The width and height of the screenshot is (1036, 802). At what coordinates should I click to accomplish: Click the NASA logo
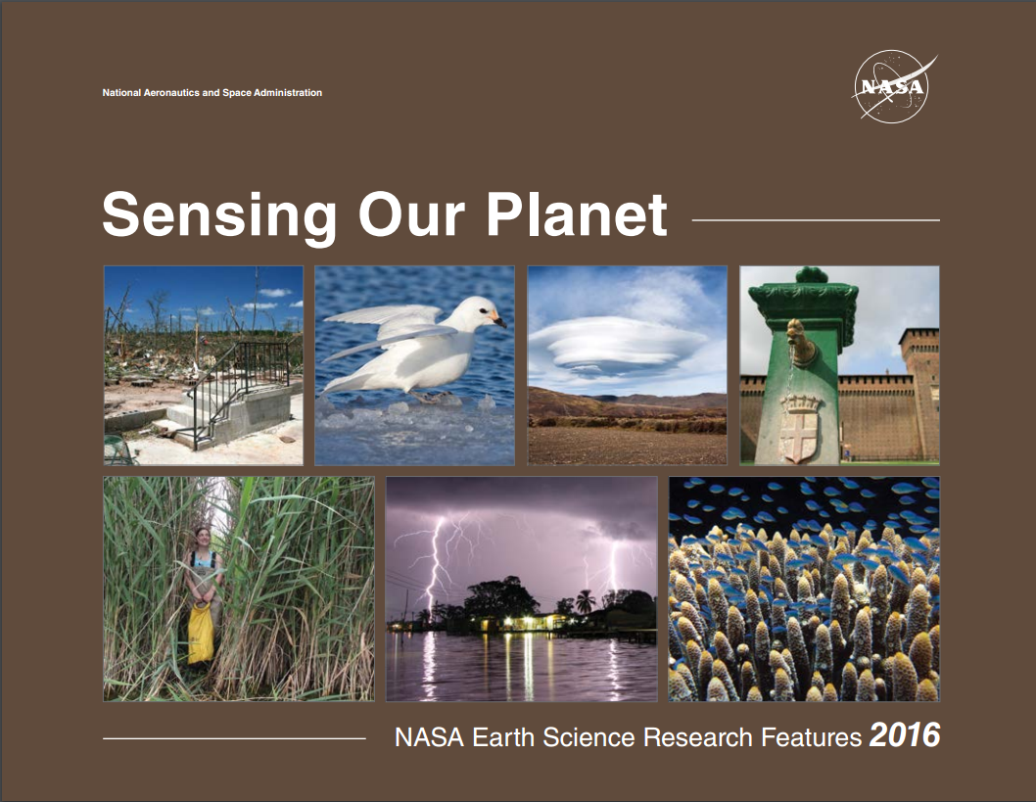pyautogui.click(x=893, y=86)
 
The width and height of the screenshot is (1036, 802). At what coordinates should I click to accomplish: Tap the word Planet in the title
pyautogui.click(x=577, y=214)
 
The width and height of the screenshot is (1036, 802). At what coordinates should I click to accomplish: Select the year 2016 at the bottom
pyautogui.click(x=905, y=735)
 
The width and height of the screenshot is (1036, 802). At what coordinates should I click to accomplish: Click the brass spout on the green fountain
pyautogui.click(x=801, y=341)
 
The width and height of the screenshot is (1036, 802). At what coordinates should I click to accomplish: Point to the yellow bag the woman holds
pyautogui.click(x=201, y=633)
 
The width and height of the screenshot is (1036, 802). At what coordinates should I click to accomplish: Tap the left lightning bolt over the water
pyautogui.click(x=433, y=561)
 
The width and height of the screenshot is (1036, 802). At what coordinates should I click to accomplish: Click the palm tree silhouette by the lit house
pyautogui.click(x=585, y=601)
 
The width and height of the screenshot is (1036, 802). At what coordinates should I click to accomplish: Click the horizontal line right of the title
pyautogui.click(x=816, y=220)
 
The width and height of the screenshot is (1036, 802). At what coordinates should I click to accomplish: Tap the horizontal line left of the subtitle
pyautogui.click(x=234, y=738)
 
